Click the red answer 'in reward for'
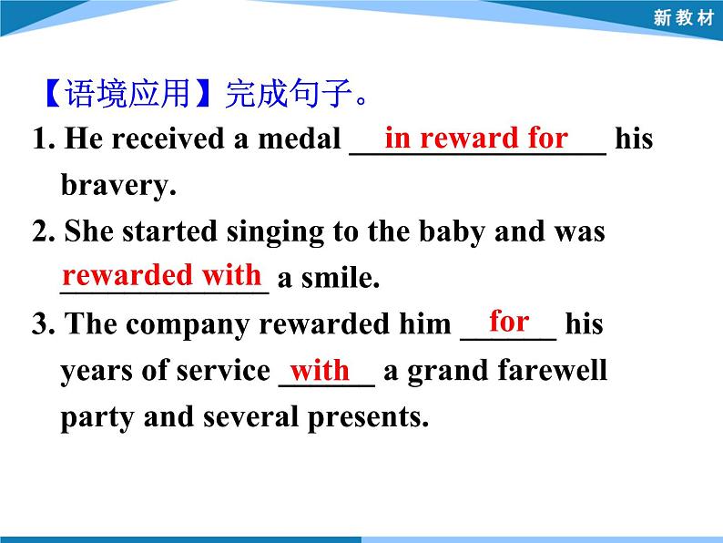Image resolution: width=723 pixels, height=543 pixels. [475, 138]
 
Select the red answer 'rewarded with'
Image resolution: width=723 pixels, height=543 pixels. [162, 275]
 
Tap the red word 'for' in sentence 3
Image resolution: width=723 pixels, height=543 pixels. [509, 321]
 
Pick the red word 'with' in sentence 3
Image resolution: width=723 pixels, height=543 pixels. [320, 370]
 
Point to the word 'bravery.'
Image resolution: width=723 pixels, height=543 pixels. [117, 186]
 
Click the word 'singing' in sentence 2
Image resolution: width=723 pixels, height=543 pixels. [279, 232]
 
